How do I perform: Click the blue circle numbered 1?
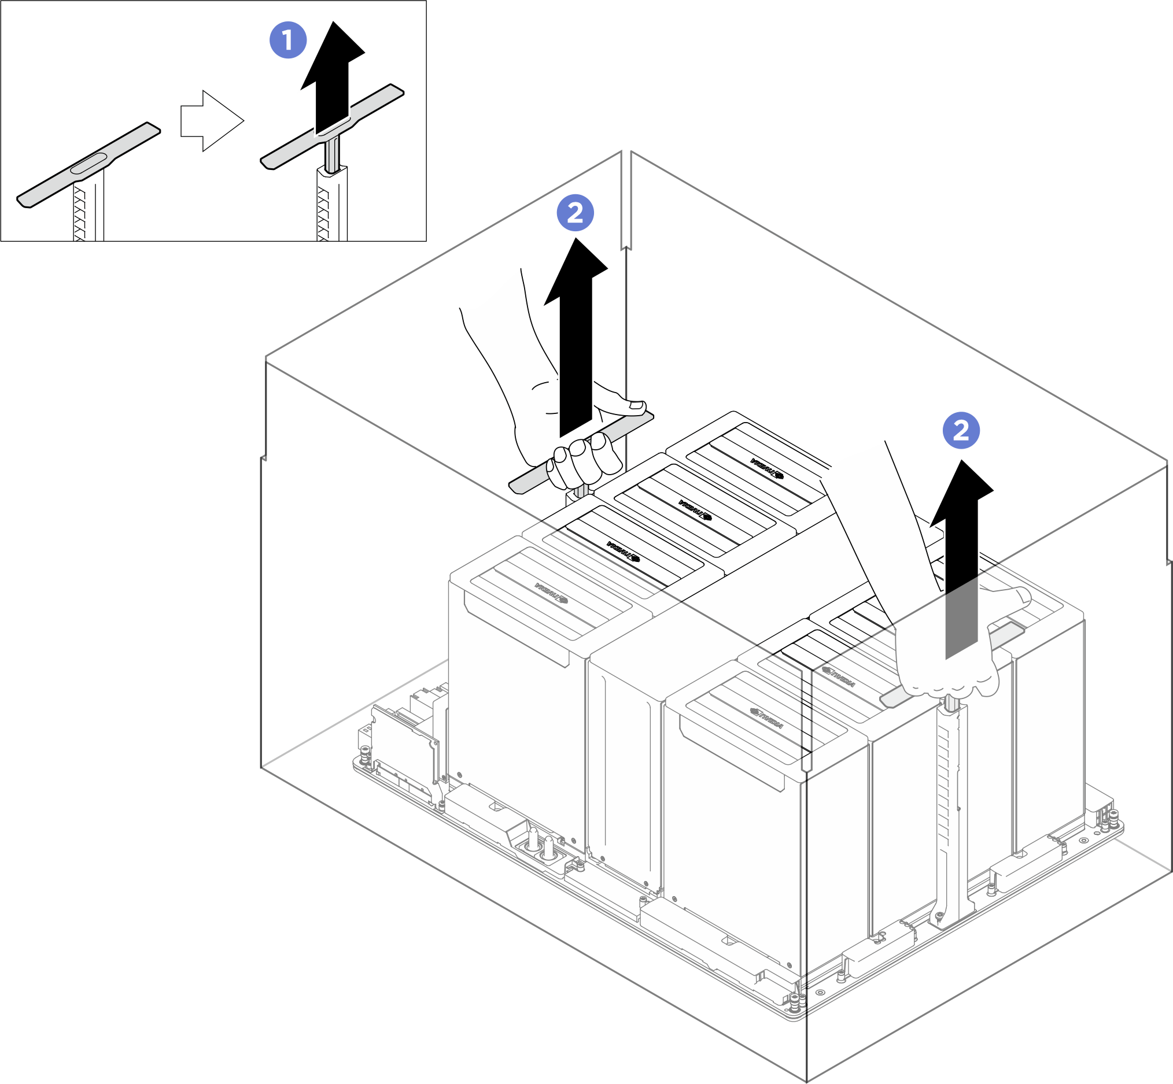click(287, 40)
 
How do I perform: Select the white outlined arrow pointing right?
click(212, 121)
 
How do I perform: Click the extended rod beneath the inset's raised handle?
click(333, 154)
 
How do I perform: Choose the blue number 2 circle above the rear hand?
click(575, 212)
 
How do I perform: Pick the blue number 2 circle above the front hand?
click(961, 431)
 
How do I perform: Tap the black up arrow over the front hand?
click(962, 557)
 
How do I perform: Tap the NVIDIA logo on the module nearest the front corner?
click(766, 718)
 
